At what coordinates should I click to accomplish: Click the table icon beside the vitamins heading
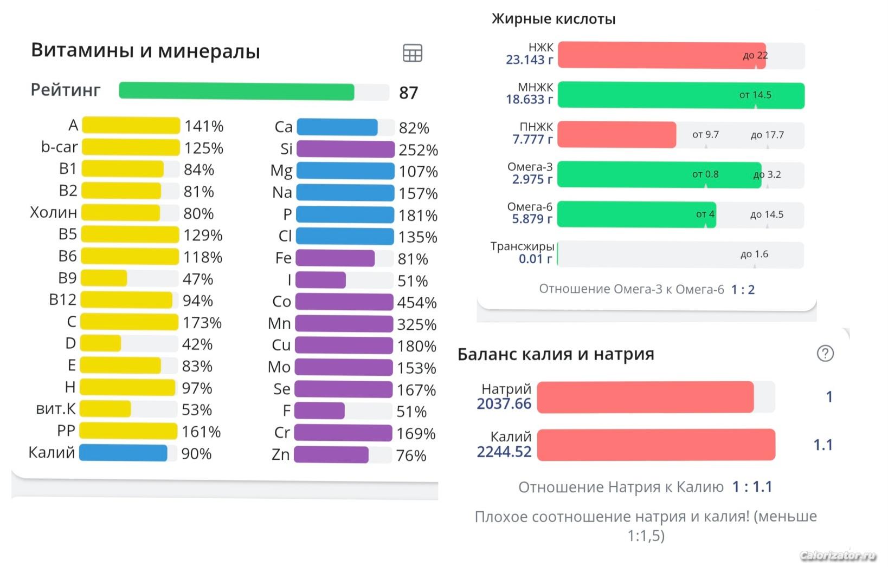coord(413,53)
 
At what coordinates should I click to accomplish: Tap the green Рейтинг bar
coord(236,92)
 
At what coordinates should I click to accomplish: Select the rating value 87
coord(408,93)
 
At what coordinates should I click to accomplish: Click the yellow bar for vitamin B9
coord(104,278)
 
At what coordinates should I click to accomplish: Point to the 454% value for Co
coord(416,303)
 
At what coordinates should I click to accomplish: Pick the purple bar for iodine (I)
coord(320,280)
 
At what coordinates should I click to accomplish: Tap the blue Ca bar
coord(337,127)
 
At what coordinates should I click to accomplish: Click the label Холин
coord(53,212)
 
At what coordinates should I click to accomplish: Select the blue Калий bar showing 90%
coord(123,453)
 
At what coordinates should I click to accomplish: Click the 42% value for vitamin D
coord(197,344)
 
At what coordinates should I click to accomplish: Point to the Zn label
coord(281,455)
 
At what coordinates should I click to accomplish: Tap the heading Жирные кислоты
coord(553,19)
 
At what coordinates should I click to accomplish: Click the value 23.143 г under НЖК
coord(529,60)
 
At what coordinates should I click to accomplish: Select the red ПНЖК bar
coord(616,135)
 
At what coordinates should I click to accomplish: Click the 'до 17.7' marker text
coord(767,135)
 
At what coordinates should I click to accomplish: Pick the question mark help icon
coord(825,354)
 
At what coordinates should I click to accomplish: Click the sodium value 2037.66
coord(504,404)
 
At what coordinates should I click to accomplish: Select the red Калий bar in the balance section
coord(656,445)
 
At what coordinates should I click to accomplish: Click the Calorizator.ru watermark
coord(838,556)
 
